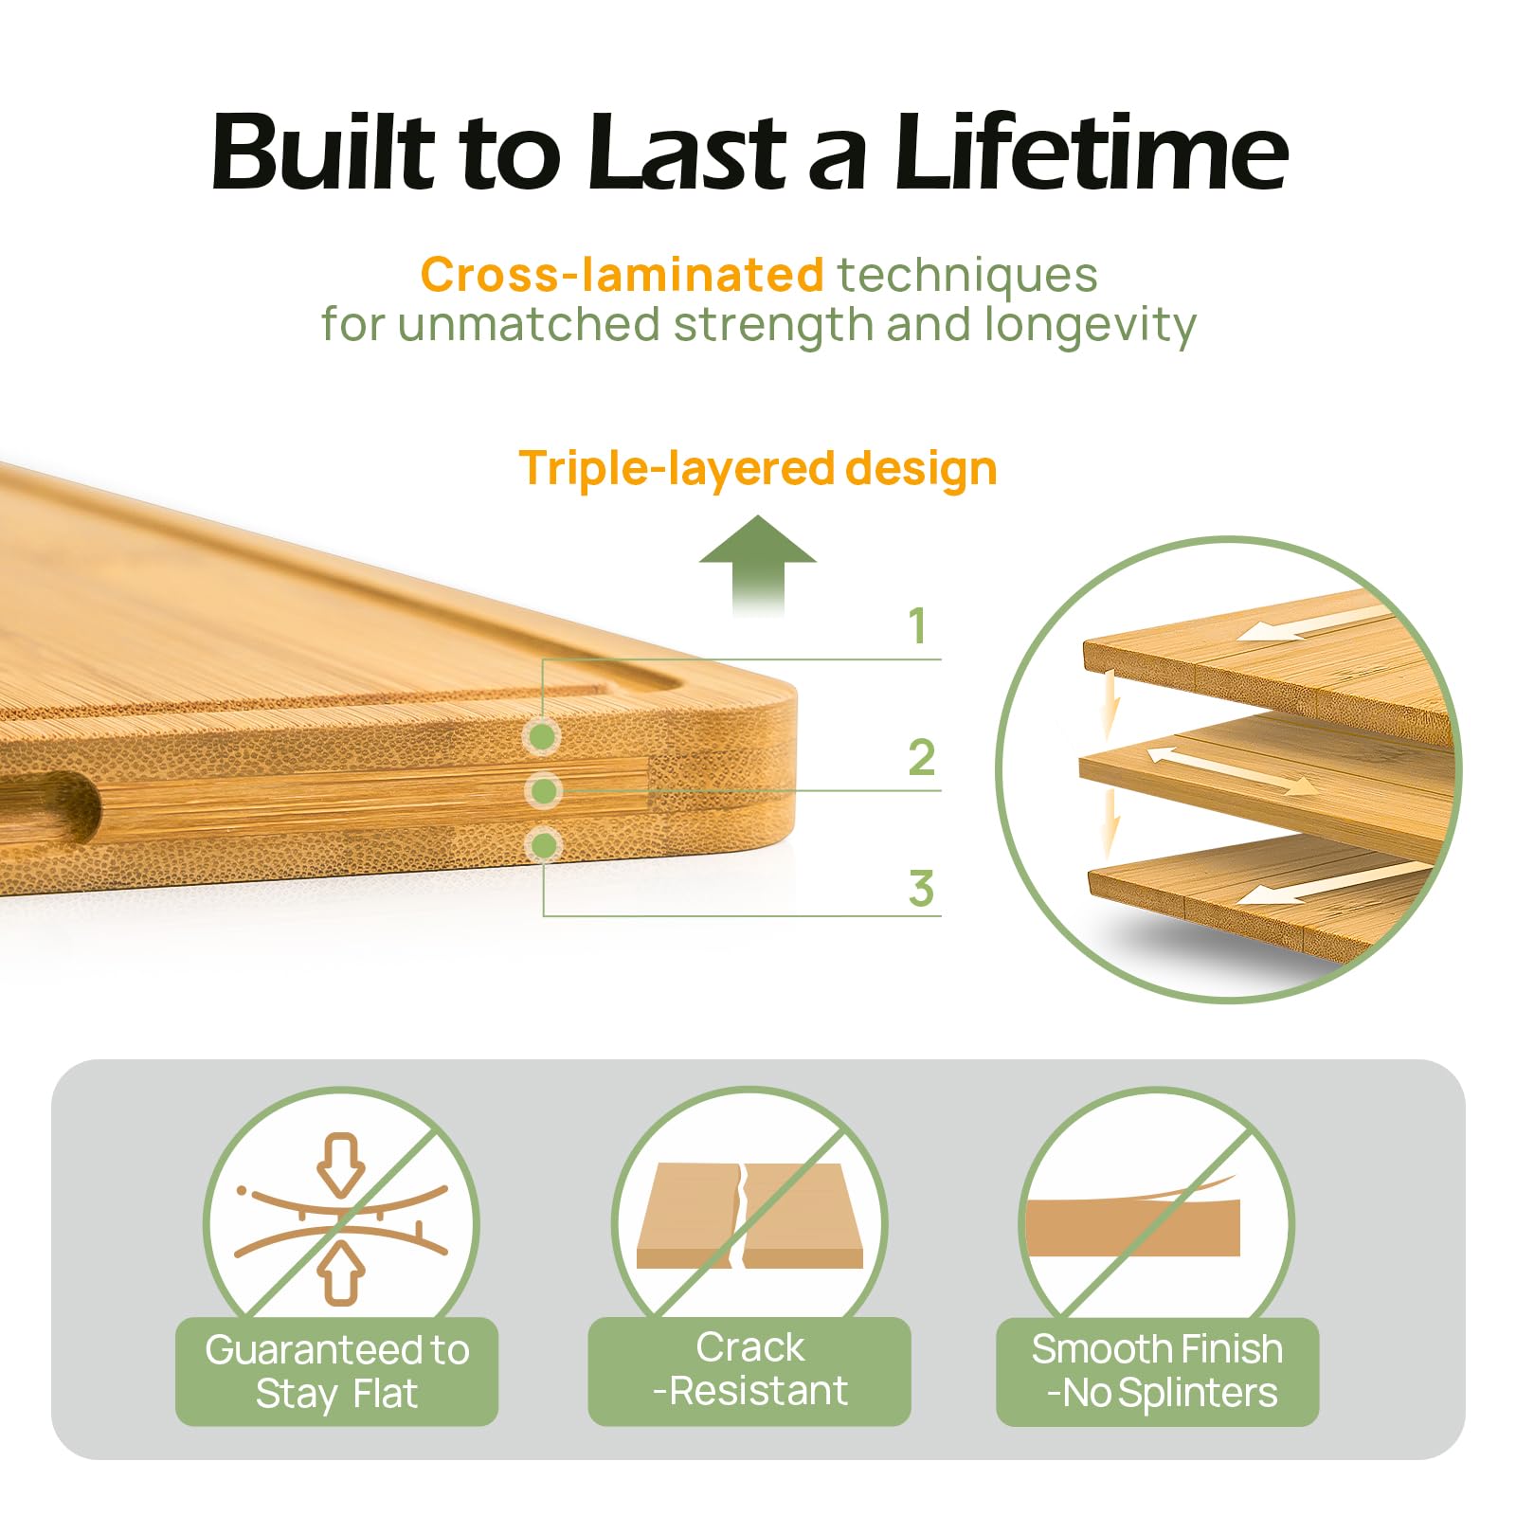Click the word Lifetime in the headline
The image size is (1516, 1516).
1091,152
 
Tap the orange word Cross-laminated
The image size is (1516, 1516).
622,275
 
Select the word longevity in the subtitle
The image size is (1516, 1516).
1090,325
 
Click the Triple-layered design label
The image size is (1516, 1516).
758,468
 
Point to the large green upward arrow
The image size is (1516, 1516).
758,566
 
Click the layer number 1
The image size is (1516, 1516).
917,625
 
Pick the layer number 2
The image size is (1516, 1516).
921,757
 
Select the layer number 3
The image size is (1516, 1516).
921,889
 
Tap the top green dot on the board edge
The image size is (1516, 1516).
543,735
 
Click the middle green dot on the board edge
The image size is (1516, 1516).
544,790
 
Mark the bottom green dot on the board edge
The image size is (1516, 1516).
544,844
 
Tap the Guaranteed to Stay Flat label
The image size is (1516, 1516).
337,1371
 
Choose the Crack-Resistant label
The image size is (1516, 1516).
749,1370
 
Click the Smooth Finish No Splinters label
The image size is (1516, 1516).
1158,1371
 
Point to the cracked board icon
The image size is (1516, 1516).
749,1216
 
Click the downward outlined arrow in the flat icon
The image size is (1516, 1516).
341,1164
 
